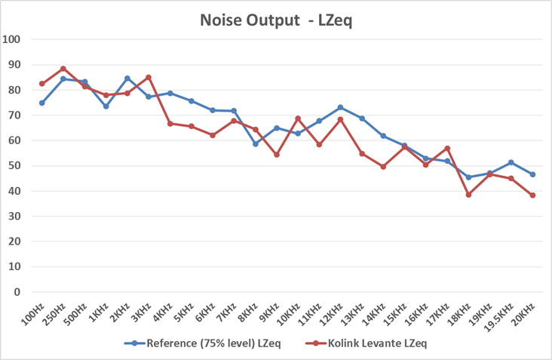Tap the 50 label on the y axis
14,166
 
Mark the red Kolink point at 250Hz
63,69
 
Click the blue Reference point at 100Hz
42,103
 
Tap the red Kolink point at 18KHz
468,195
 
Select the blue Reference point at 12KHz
340,107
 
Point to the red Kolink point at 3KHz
149,77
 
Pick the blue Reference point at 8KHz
255,143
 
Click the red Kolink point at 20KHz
532,195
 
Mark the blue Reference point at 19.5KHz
511,162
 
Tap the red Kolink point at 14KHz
383,167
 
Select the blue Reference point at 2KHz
127,78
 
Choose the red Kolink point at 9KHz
277,155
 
